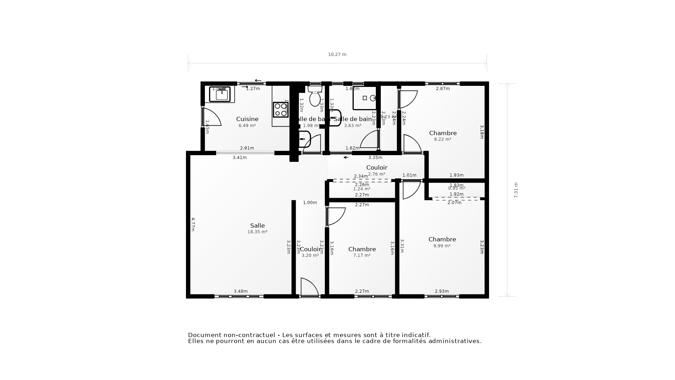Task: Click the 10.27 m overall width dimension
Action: click(x=337, y=55)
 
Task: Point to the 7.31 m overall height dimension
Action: click(x=516, y=190)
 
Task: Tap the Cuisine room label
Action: click(x=247, y=119)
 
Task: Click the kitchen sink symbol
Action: click(x=220, y=94)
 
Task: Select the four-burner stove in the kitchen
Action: click(x=281, y=110)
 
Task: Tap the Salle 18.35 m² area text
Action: click(x=257, y=232)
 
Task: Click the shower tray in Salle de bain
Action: click(x=365, y=98)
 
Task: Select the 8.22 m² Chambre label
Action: click(x=443, y=139)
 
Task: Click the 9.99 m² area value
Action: click(x=442, y=246)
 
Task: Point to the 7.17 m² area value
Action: click(x=362, y=255)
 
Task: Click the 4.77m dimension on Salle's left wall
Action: click(x=193, y=224)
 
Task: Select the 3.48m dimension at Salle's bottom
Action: click(x=241, y=291)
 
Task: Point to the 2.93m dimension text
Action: click(x=442, y=291)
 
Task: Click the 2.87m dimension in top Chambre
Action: click(x=443, y=89)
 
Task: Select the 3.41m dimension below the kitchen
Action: click(x=240, y=158)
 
